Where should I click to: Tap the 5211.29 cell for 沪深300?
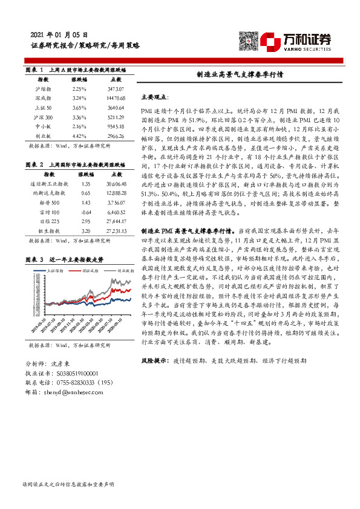(114, 118)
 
